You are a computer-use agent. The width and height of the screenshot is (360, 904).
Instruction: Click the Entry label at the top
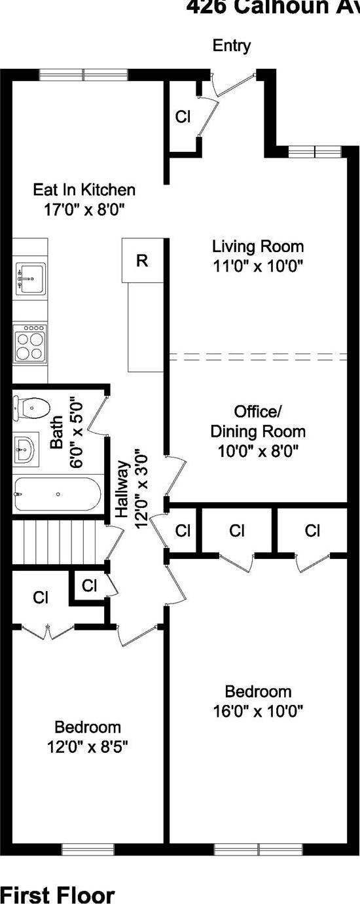click(232, 46)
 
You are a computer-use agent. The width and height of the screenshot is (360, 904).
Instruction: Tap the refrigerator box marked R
click(142, 261)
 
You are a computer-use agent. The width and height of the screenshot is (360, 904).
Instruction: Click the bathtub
click(58, 494)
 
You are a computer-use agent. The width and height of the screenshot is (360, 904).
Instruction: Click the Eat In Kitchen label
click(84, 190)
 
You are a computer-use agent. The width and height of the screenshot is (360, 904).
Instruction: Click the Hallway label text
click(122, 490)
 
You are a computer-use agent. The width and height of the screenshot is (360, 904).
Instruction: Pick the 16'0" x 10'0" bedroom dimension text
click(258, 710)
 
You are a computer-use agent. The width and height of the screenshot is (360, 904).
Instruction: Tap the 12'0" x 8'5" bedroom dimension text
click(88, 746)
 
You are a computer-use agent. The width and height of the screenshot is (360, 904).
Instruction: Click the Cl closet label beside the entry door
click(183, 117)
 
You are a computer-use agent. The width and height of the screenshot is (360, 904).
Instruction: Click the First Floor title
click(58, 894)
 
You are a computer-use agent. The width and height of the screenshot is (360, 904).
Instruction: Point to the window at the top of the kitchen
click(83, 75)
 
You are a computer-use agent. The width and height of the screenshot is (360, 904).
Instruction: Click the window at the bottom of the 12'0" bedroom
click(88, 850)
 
